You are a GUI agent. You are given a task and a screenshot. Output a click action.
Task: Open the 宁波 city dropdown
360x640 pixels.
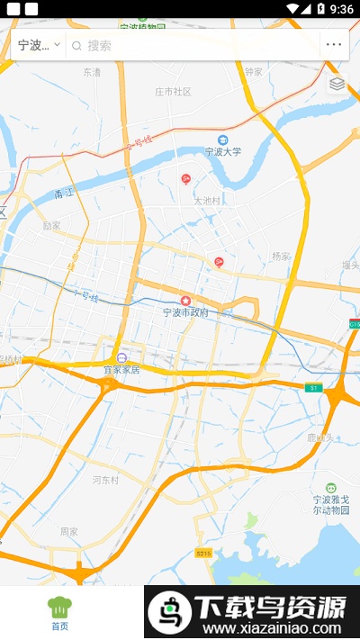38,45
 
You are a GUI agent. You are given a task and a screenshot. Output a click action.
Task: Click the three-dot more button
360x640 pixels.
334,44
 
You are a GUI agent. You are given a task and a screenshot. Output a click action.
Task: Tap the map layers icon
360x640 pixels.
337,84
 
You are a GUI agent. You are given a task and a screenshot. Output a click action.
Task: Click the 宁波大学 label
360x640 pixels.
223,151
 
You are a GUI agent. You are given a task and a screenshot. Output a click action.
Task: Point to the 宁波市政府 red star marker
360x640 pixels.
186,300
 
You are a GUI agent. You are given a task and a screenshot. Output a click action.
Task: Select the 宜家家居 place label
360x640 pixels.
121,369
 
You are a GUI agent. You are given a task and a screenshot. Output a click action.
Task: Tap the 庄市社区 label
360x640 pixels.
173,92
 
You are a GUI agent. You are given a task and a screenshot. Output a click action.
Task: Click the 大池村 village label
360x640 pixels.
207,201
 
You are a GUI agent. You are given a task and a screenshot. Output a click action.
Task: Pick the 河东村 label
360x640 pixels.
105,481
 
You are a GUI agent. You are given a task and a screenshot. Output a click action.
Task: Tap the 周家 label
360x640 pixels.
69,531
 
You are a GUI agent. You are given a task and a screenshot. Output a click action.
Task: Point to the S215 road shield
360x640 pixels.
204,552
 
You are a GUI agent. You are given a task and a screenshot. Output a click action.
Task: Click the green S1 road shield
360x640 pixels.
312,388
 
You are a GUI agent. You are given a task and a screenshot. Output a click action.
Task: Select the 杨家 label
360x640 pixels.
281,257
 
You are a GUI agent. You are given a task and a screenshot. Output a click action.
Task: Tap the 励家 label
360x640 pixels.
51,226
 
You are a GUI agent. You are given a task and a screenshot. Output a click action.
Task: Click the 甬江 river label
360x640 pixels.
64,193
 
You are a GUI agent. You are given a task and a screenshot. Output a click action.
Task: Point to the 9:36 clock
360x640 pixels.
342,9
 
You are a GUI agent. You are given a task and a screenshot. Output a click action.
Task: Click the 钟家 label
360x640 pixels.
253,71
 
